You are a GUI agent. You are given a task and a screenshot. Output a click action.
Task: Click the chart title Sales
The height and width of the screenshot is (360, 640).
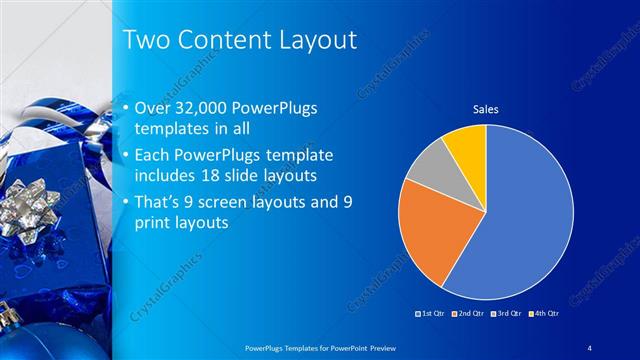(485, 108)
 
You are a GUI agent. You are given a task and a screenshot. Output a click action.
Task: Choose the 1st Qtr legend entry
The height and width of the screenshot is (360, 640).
(433, 314)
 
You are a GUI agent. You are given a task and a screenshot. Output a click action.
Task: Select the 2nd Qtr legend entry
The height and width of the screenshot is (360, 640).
(469, 314)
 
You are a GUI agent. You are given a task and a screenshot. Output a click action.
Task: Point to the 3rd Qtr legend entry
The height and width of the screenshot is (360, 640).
(507, 314)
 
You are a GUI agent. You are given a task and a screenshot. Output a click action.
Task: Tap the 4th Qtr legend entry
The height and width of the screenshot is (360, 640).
(544, 314)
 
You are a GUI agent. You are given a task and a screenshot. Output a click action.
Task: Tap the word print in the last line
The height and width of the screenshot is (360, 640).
(153, 222)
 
